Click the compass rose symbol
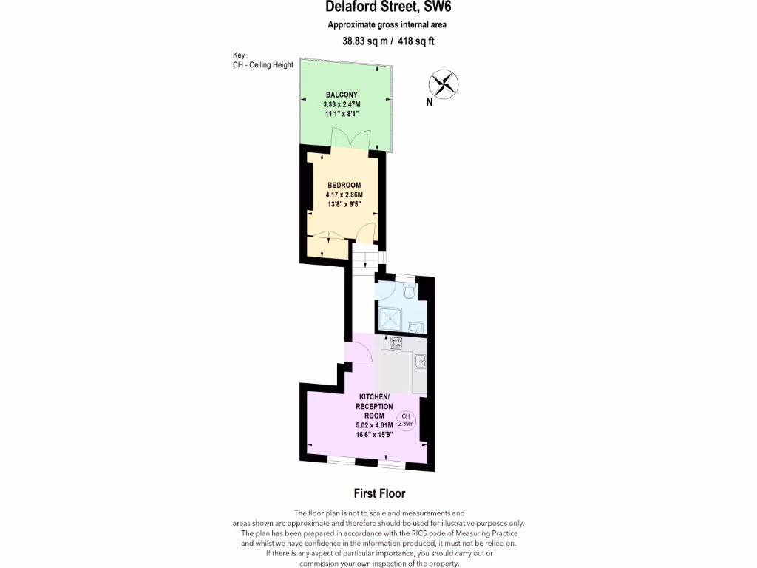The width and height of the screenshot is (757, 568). [x=444, y=83]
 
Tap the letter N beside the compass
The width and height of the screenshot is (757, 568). [x=430, y=103]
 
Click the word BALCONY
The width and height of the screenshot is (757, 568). [x=342, y=95]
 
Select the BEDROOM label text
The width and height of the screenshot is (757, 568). [x=344, y=185]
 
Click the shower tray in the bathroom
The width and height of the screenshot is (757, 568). [x=391, y=319]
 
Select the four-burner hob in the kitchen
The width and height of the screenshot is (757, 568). [x=396, y=342]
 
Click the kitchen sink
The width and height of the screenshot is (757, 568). [x=420, y=361]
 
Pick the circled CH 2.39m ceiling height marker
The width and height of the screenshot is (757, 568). [x=406, y=421]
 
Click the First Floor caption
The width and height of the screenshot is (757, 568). [x=378, y=493]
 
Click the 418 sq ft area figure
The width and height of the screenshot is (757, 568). [x=417, y=41]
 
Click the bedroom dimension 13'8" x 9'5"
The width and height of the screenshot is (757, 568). [x=344, y=204]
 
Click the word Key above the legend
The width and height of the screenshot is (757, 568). [x=240, y=55]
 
